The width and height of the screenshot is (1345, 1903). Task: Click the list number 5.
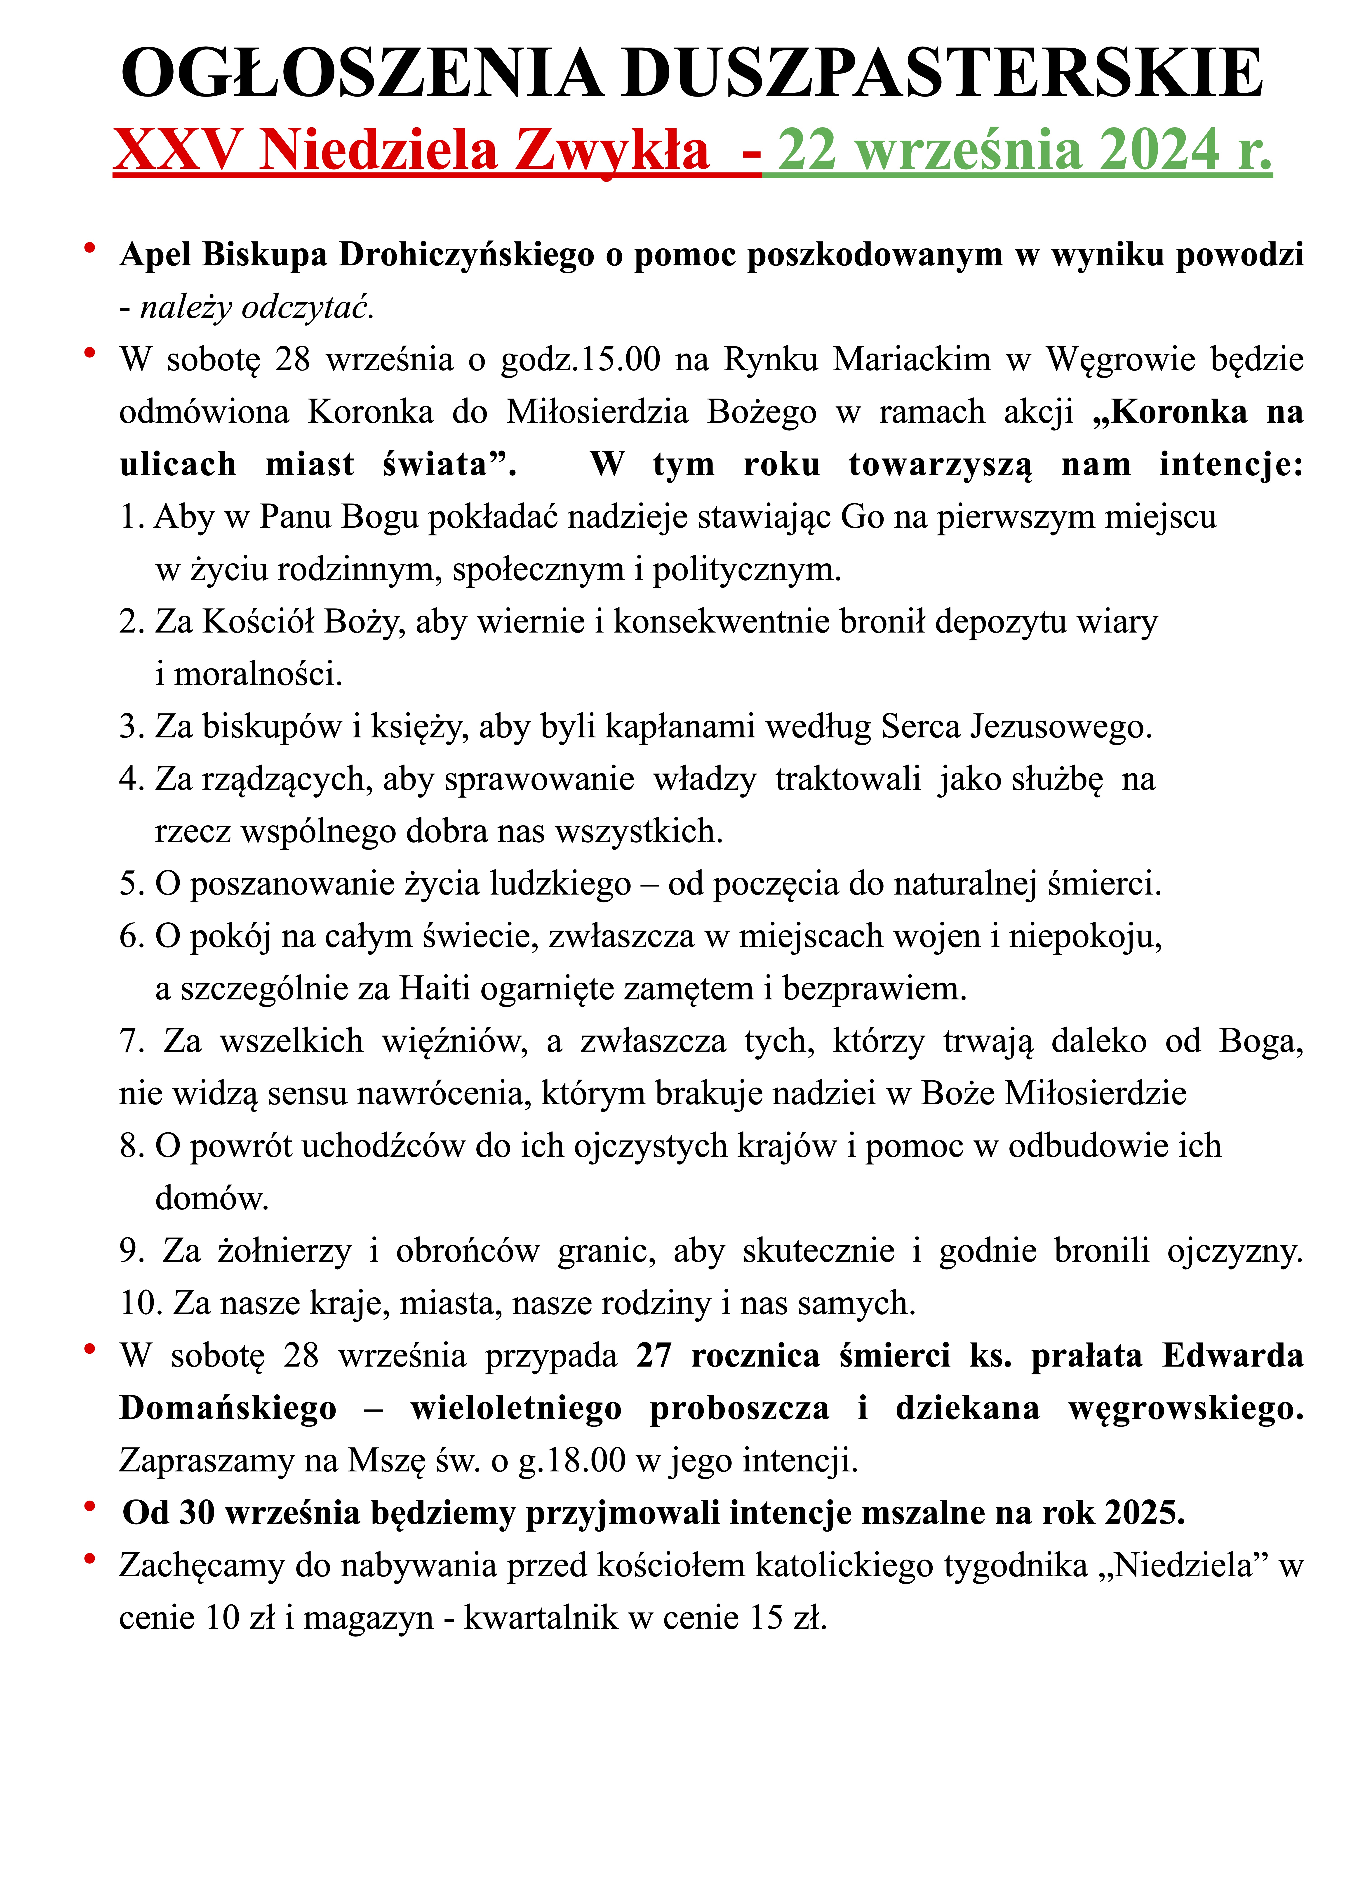132,884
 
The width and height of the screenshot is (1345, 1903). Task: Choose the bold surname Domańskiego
228,1408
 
